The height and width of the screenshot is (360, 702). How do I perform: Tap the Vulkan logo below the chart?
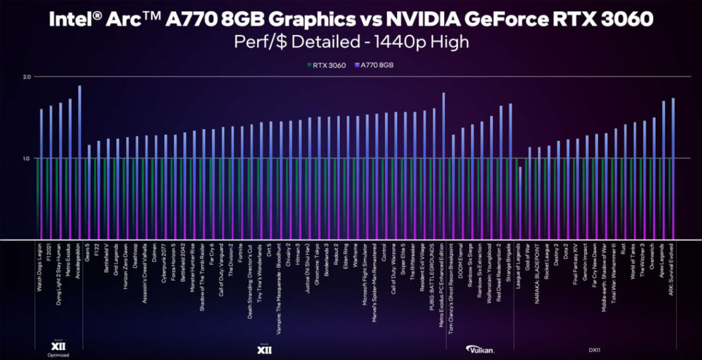click(480, 348)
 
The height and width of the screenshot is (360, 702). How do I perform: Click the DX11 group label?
click(594, 349)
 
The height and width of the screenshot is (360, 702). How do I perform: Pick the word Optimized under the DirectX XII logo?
click(58, 355)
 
